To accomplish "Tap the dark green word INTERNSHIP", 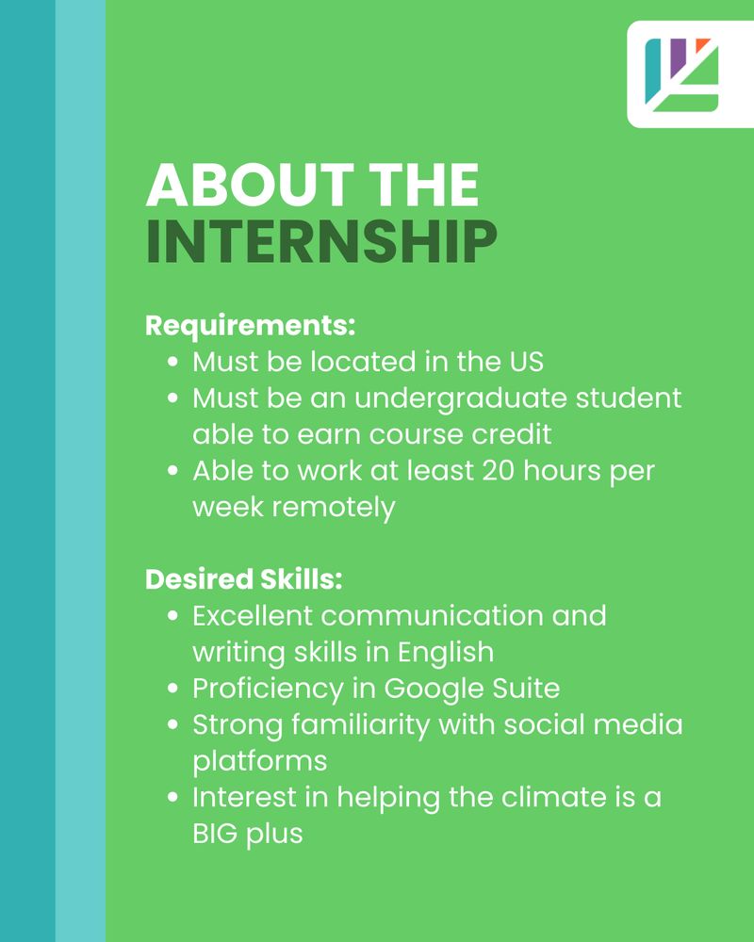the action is (x=321, y=241).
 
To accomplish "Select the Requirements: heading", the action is (x=250, y=326).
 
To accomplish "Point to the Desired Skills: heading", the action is (x=243, y=579).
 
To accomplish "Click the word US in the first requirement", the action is (x=527, y=362).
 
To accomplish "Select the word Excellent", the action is (x=253, y=616).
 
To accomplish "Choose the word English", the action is (x=446, y=653).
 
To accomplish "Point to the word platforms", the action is (x=260, y=762).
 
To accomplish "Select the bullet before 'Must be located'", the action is (x=173, y=363).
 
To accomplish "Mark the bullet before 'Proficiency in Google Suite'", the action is (x=173, y=689).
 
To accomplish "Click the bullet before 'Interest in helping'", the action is (x=173, y=797).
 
